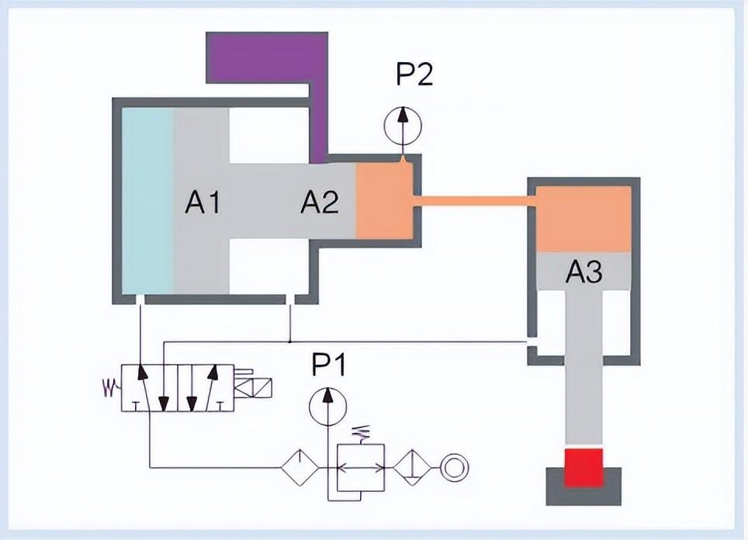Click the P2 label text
tap(414, 75)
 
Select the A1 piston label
tap(203, 202)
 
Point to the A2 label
tap(319, 203)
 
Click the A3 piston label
tap(584, 272)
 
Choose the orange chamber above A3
tap(583, 220)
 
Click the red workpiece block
tap(584, 468)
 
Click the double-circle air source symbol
tap(451, 468)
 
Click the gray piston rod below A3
tap(584, 372)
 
